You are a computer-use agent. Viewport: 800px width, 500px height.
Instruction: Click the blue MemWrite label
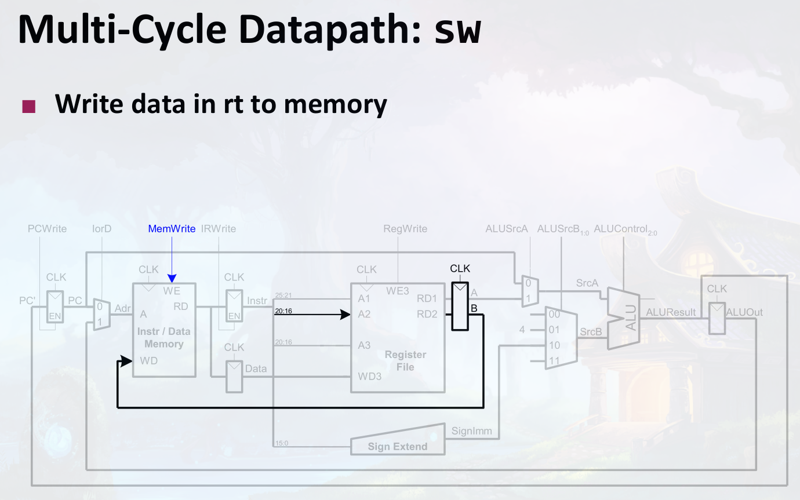coord(172,229)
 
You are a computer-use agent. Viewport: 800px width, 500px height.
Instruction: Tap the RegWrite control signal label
coord(405,229)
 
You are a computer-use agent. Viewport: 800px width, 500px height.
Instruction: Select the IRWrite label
coord(219,229)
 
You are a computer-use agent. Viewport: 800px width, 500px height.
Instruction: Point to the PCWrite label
coord(47,229)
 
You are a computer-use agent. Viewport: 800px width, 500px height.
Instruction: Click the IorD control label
coord(101,229)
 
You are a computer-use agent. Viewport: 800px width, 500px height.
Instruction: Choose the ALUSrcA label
coord(507,229)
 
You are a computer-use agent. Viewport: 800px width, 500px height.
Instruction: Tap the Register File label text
coord(405,360)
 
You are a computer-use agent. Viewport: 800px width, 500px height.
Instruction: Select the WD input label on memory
coord(148,361)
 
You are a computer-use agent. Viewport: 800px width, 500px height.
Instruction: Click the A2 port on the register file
coord(364,314)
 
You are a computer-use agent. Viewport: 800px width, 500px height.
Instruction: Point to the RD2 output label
coord(427,314)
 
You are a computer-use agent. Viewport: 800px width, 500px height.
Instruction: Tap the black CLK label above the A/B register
coord(460,269)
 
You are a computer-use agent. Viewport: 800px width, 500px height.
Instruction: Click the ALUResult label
coord(671,312)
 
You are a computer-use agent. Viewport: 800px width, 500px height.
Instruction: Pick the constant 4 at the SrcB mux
coord(522,330)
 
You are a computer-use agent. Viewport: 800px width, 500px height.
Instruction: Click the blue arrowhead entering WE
coord(172,279)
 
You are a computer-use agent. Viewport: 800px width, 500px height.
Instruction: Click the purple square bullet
coord(28,107)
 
